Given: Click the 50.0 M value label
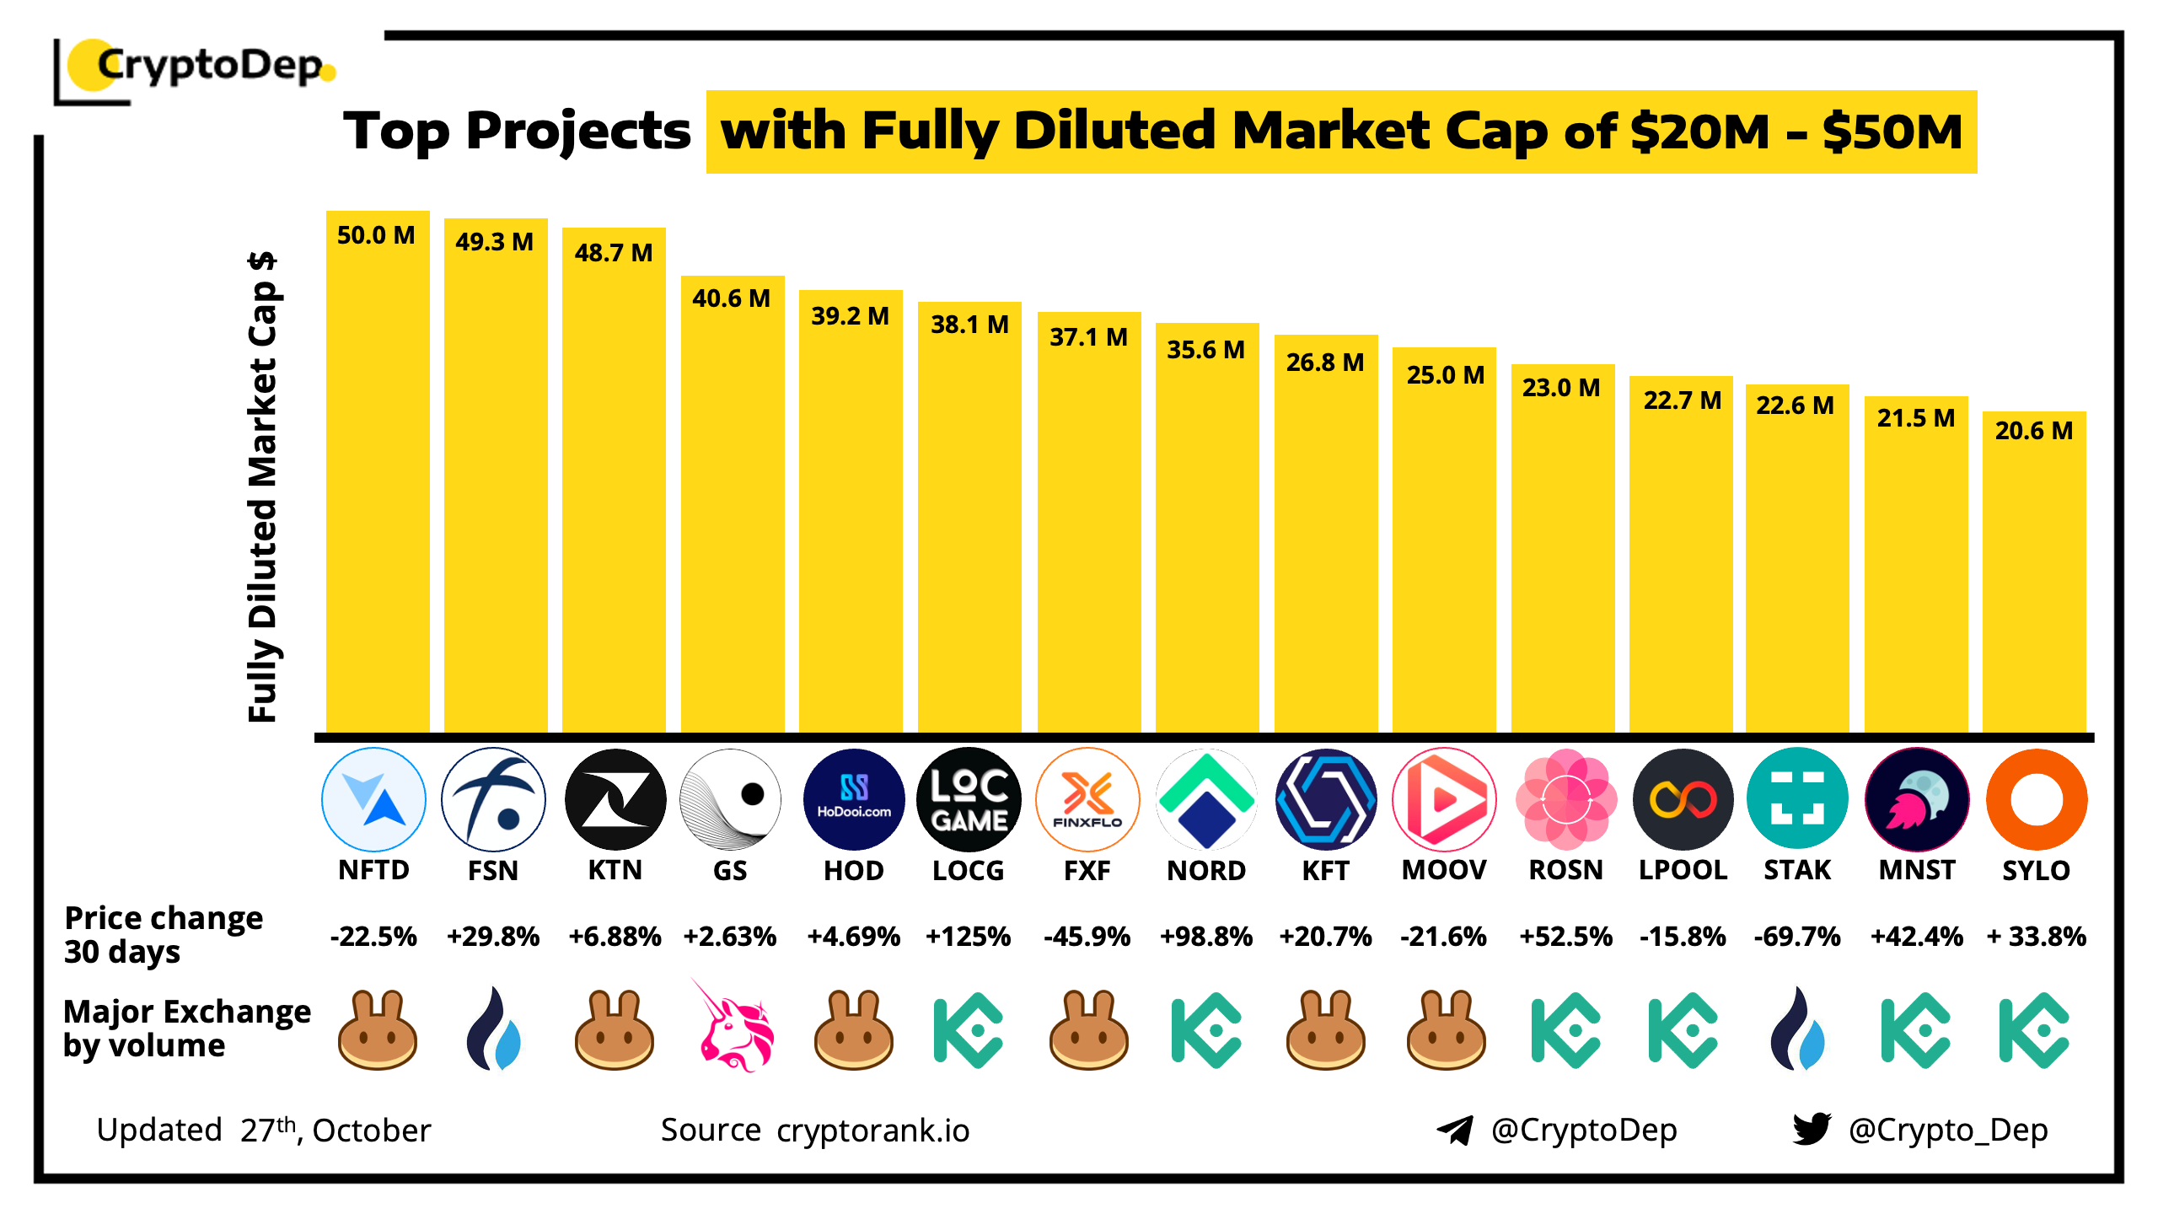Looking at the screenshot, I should point(376,235).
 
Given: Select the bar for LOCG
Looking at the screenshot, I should point(969,523).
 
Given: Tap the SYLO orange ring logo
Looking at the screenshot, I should point(2036,799).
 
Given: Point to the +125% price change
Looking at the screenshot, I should point(968,937).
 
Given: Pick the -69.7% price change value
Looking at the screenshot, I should point(1796,937).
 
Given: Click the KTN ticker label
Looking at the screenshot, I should point(615,870).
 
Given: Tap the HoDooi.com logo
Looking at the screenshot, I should point(853,799).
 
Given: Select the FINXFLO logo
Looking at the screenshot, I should point(1087,799).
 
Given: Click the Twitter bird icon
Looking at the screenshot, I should point(1812,1129).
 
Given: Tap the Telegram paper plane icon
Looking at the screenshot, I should point(1455,1130).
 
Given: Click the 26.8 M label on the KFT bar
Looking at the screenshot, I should point(1324,363).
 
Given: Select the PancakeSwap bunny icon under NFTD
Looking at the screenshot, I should point(377,1030).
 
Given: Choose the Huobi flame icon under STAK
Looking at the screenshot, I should point(1796,1030).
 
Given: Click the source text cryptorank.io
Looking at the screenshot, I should point(872,1131).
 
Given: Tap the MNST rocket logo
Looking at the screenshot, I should point(1917,799).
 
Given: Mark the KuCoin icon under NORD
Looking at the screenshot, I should point(1205,1030).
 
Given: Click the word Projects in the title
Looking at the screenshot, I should point(578,132).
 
